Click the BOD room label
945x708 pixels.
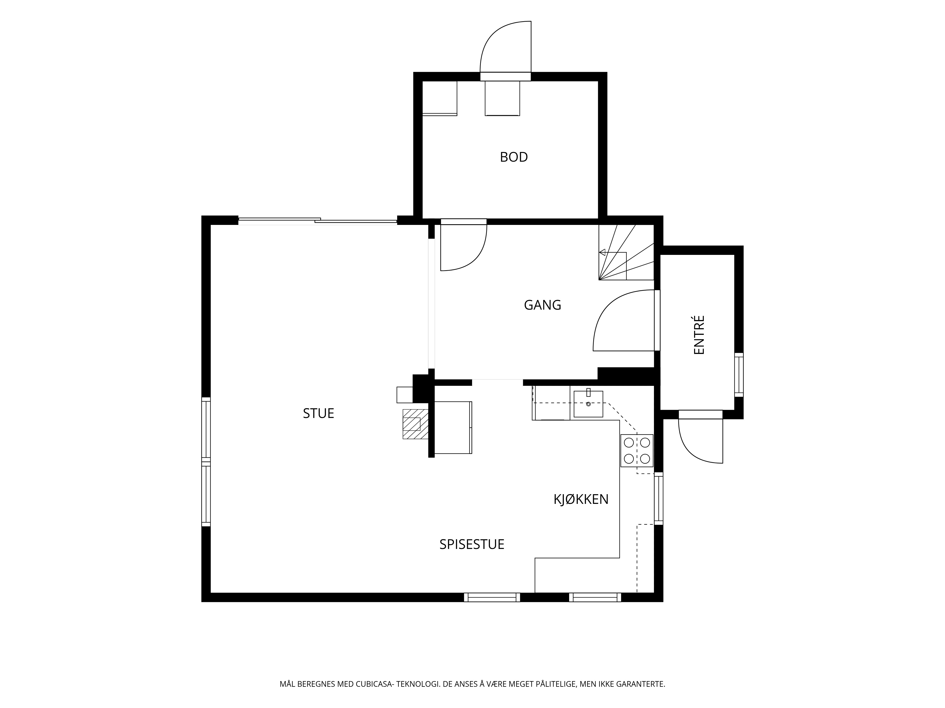pos(514,157)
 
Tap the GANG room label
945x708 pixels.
pos(543,305)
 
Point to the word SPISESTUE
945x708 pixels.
pos(472,544)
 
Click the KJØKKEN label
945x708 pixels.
pos(581,499)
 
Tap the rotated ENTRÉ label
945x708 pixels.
pos(699,335)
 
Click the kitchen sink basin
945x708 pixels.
pos(588,404)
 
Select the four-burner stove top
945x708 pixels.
pos(637,451)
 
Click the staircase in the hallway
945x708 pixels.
pos(626,252)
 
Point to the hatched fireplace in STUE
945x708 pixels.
pos(416,424)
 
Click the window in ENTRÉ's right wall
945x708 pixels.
pos(739,375)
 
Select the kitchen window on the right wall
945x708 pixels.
pos(659,498)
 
